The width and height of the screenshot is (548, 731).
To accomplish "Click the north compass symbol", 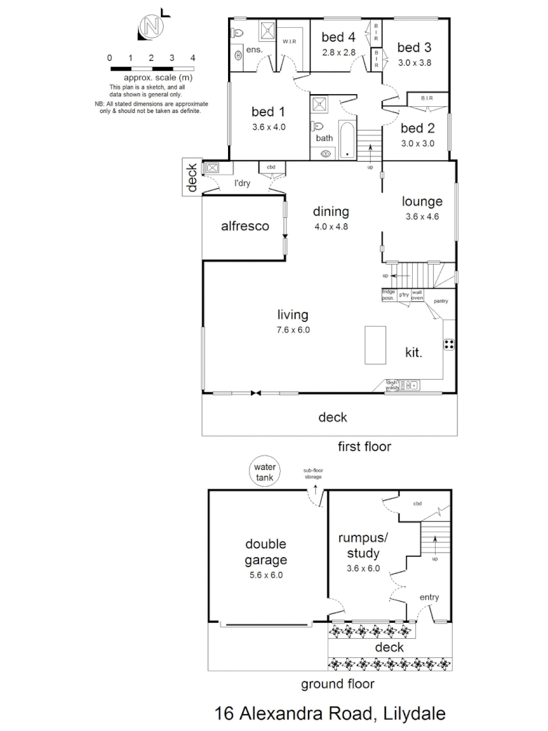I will tap(152, 26).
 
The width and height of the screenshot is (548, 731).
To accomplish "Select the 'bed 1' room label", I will tap(269, 112).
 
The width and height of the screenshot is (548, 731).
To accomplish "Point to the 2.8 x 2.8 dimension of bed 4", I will tap(338, 52).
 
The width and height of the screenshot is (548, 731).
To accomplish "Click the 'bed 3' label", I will tap(414, 47).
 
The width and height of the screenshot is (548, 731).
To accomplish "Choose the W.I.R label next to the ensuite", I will tap(290, 41).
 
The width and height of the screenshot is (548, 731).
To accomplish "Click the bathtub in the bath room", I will tap(346, 139).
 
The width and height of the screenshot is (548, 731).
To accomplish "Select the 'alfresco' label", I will tap(245, 226).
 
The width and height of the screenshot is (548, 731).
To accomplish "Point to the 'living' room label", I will tap(293, 315).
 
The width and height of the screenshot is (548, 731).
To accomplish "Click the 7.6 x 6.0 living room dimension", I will tap(293, 330).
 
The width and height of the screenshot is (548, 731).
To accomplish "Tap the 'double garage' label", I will tap(266, 552).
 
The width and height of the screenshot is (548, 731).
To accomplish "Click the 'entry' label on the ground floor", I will tap(429, 597).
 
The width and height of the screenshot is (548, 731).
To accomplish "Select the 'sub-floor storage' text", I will tap(313, 472).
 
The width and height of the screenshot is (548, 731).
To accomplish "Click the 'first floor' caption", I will tap(364, 447).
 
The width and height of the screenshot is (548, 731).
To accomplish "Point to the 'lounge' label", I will tap(422, 202).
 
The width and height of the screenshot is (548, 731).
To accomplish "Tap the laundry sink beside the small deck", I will tap(212, 169).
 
